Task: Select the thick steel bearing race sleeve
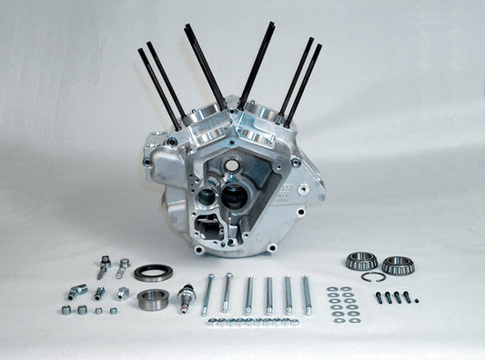coord(152,298)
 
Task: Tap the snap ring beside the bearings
coord(375,276)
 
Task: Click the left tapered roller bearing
coord(360,262)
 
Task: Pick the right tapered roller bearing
coord(397,265)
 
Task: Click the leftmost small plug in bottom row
coord(66,310)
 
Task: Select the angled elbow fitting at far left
coord(76,293)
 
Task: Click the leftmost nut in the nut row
coord(210,321)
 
